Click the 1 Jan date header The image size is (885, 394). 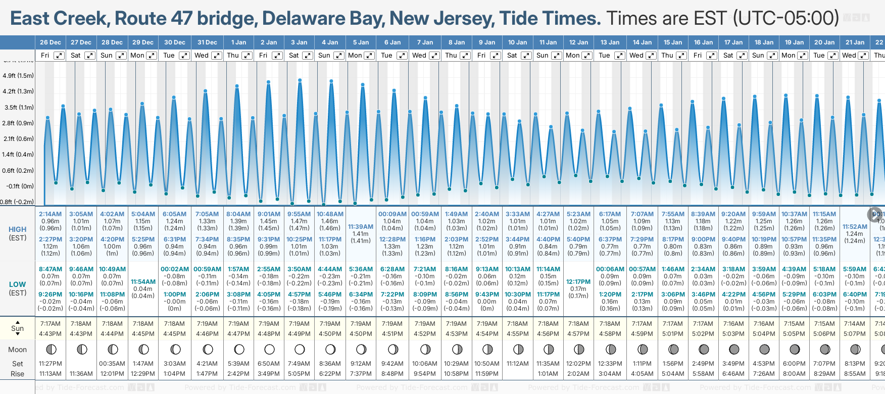(x=238, y=42)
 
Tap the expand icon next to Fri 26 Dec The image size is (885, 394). (x=59, y=56)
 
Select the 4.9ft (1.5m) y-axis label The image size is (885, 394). (x=18, y=76)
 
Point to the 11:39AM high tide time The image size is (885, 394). (x=361, y=227)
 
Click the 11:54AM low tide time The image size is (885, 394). (x=143, y=282)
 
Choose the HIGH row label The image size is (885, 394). (x=17, y=229)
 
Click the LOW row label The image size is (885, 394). (x=17, y=284)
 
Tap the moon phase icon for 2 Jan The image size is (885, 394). (x=269, y=349)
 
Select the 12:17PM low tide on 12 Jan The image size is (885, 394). (x=578, y=282)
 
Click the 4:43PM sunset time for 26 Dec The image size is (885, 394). (x=51, y=333)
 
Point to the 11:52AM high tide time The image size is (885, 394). (x=855, y=227)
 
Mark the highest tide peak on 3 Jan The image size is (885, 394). (x=300, y=80)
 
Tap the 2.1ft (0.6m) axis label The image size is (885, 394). (x=18, y=138)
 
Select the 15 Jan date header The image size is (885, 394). (x=673, y=42)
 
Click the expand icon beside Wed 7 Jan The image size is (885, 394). (x=434, y=56)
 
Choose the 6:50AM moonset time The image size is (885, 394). (x=269, y=363)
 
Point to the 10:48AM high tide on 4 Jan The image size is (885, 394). (x=330, y=214)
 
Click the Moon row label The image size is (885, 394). (x=17, y=350)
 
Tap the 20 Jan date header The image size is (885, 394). (x=824, y=42)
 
